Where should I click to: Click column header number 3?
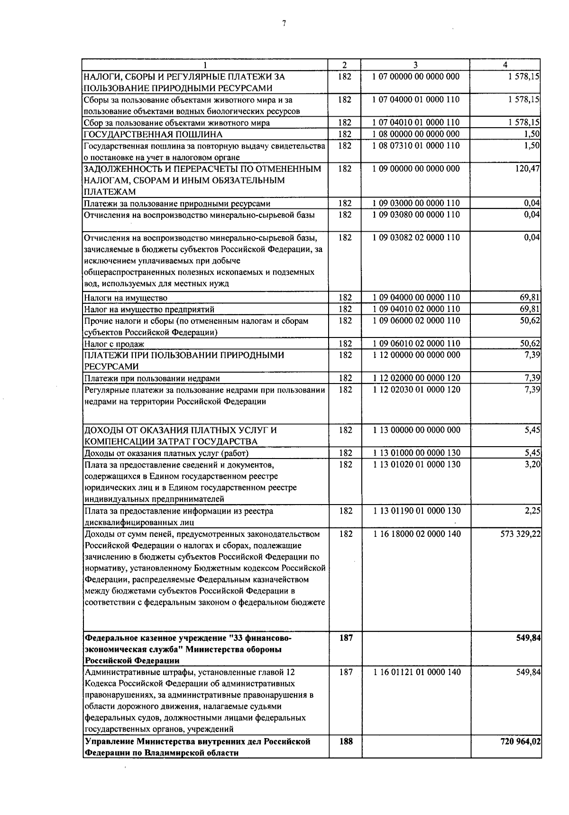click(415, 65)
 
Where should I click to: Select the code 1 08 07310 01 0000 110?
click(416, 146)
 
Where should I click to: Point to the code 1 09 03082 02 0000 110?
click(416, 237)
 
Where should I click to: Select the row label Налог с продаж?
click(114, 344)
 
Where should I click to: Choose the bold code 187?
click(346, 638)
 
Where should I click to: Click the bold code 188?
click(346, 741)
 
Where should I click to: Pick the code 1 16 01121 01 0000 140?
click(416, 672)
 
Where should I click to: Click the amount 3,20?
click(532, 464)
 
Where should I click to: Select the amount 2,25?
click(532, 511)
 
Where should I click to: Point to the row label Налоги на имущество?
click(126, 298)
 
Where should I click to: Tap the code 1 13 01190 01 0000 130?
click(416, 511)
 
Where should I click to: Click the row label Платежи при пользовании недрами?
click(152, 378)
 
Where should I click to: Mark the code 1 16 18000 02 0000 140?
click(416, 534)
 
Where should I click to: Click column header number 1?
click(205, 65)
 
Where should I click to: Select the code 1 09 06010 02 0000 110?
click(416, 344)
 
